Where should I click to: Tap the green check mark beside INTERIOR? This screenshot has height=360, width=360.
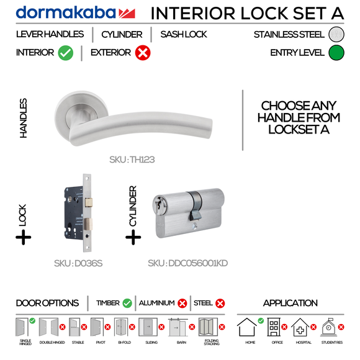[x=66, y=53]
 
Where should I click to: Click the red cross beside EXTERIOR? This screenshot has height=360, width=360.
[x=142, y=53]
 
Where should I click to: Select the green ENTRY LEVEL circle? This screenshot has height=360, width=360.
[x=336, y=53]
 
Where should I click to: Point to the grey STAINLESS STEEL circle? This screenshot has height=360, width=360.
[x=336, y=35]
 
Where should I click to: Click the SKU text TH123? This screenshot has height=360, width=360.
[x=132, y=160]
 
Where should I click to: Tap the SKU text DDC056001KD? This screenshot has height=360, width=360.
[x=187, y=263]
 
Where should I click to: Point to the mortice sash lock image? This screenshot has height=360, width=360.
[x=78, y=220]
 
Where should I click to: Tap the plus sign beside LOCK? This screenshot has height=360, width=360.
[x=24, y=236]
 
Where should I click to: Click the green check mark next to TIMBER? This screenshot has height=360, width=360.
[x=127, y=303]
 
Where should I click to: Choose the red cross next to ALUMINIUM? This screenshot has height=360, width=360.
[x=182, y=303]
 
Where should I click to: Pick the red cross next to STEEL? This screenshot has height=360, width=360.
[x=220, y=303]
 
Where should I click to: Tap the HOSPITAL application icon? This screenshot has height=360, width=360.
[x=300, y=327]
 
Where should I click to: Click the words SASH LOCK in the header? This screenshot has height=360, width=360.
[x=184, y=35]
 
